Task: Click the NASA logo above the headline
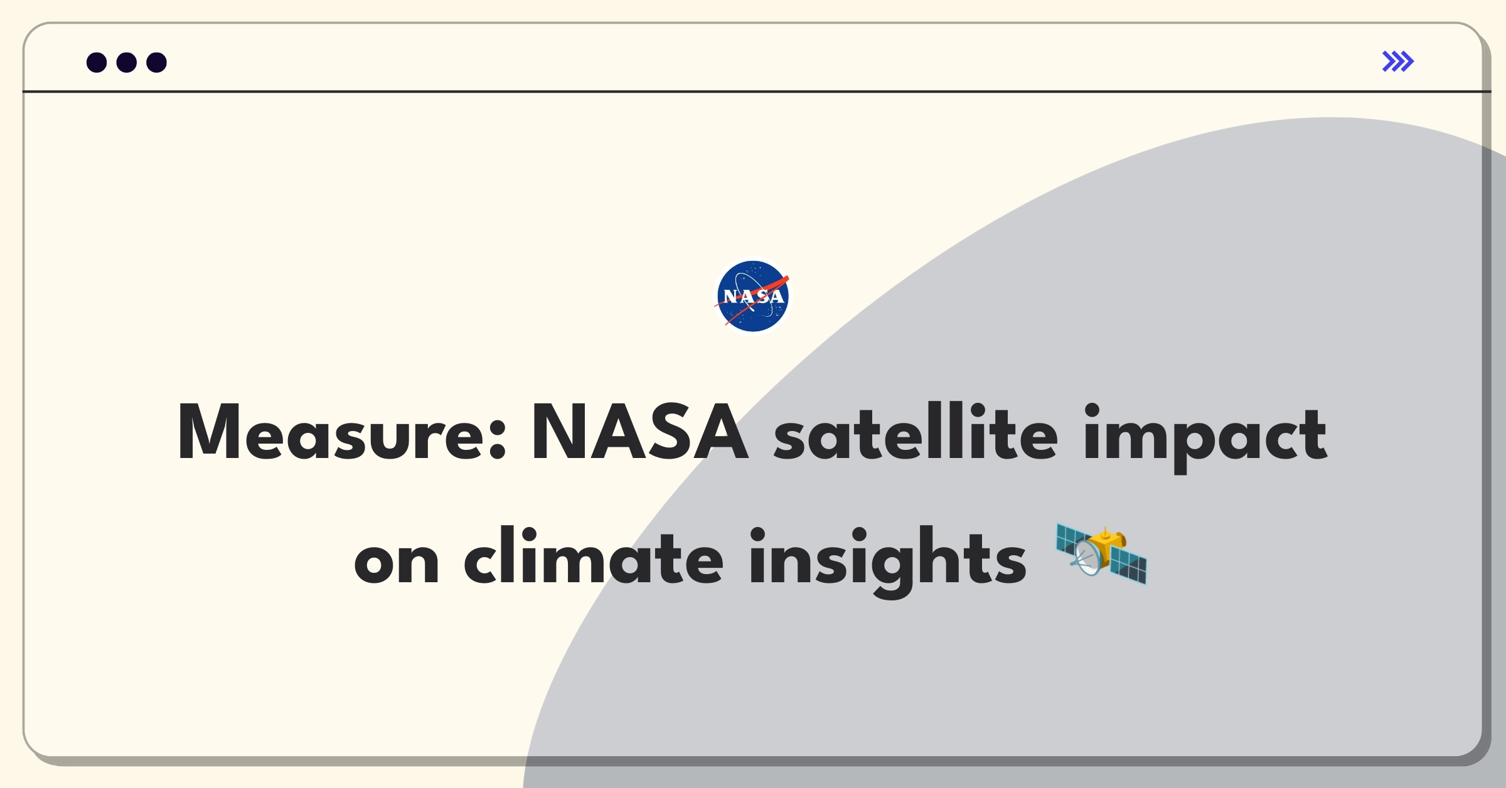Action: (x=753, y=296)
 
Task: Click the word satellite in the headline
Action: (x=916, y=432)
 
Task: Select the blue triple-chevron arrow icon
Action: (x=1398, y=61)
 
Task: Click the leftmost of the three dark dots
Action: (x=97, y=63)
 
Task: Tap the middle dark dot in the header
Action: (x=127, y=63)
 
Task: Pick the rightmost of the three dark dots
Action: (x=157, y=63)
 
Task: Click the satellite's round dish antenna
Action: (x=1089, y=558)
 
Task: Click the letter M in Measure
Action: (x=210, y=432)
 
